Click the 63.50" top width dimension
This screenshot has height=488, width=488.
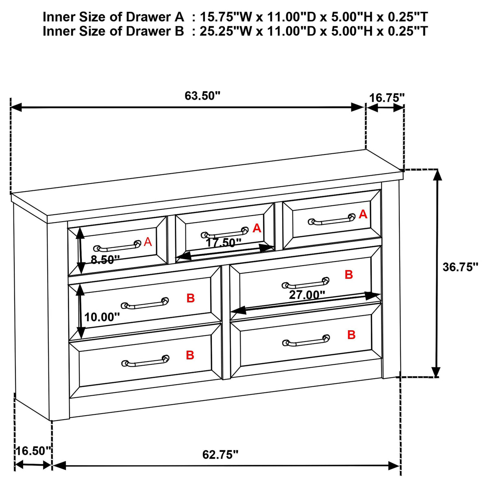(203, 96)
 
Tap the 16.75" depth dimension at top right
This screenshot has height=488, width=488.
(387, 98)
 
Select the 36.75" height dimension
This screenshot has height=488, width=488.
(460, 267)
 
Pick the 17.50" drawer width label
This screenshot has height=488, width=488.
(224, 243)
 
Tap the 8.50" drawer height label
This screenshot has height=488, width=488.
(105, 259)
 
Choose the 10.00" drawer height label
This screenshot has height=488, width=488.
(102, 317)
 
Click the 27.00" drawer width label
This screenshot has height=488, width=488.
(307, 295)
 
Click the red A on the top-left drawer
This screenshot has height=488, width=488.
(148, 242)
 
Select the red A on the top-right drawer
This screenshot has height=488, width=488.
(363, 214)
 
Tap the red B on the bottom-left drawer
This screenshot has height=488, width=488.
(190, 355)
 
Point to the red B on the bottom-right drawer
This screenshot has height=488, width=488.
(351, 335)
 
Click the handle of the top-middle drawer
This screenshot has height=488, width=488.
(224, 233)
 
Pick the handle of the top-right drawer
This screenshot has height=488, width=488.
(332, 220)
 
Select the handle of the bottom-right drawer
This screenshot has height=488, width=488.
(306, 341)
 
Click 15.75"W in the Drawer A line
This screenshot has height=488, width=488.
(226, 17)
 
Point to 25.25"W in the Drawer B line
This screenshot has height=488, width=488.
(226, 31)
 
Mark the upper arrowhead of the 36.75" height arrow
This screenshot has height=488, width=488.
(437, 175)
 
